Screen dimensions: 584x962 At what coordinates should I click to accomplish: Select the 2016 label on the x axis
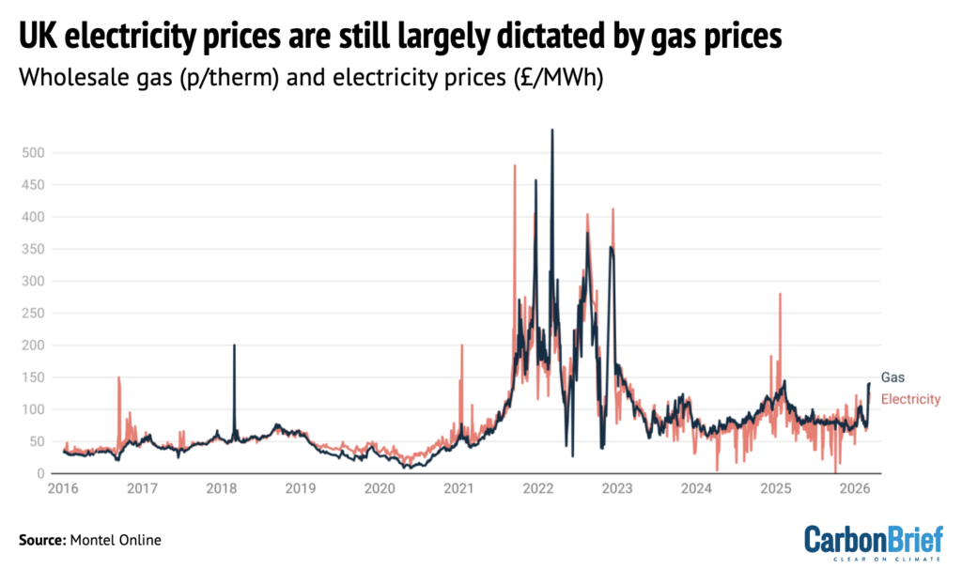62,489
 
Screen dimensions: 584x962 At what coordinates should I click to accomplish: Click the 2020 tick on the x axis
380,489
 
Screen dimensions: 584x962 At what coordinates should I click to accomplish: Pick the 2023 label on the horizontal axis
617,489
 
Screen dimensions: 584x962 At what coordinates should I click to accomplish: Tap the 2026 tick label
855,489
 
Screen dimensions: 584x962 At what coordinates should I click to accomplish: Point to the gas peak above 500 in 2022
551,131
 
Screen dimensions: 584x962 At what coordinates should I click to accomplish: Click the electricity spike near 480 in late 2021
515,166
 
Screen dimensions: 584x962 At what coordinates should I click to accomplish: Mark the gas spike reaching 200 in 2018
234,346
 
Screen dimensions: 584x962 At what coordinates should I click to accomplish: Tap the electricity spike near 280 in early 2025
780,295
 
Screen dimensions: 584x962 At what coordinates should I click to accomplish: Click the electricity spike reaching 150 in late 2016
118,377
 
